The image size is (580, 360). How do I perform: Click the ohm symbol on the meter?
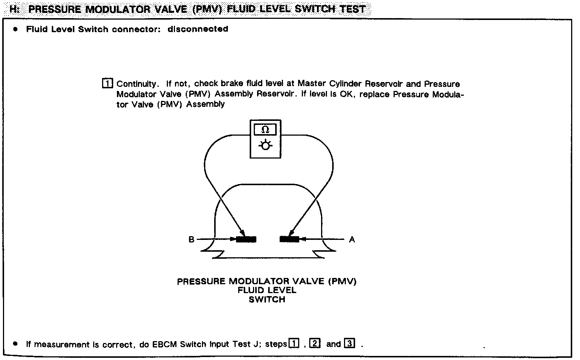pos(265,130)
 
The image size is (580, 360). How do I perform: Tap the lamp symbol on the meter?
pos(265,146)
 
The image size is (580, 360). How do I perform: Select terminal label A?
pos(352,240)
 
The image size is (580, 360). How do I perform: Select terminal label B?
pos(191,240)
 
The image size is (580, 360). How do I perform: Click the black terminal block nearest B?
pos(246,239)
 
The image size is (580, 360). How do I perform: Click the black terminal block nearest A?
pos(289,239)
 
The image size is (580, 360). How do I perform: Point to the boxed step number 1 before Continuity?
pos(107,84)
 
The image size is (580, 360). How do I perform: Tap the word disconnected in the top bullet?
pos(198,29)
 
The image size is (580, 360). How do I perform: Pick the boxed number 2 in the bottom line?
pos(314,343)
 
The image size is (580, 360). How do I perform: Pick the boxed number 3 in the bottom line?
pos(349,343)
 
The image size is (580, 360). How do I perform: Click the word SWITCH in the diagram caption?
pos(267,299)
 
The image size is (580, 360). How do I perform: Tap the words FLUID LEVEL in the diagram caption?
pos(267,291)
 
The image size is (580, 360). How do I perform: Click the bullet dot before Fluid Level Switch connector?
pos(15,29)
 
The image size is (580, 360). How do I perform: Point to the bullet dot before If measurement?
pos(15,344)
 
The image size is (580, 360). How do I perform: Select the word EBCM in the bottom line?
pos(166,344)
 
